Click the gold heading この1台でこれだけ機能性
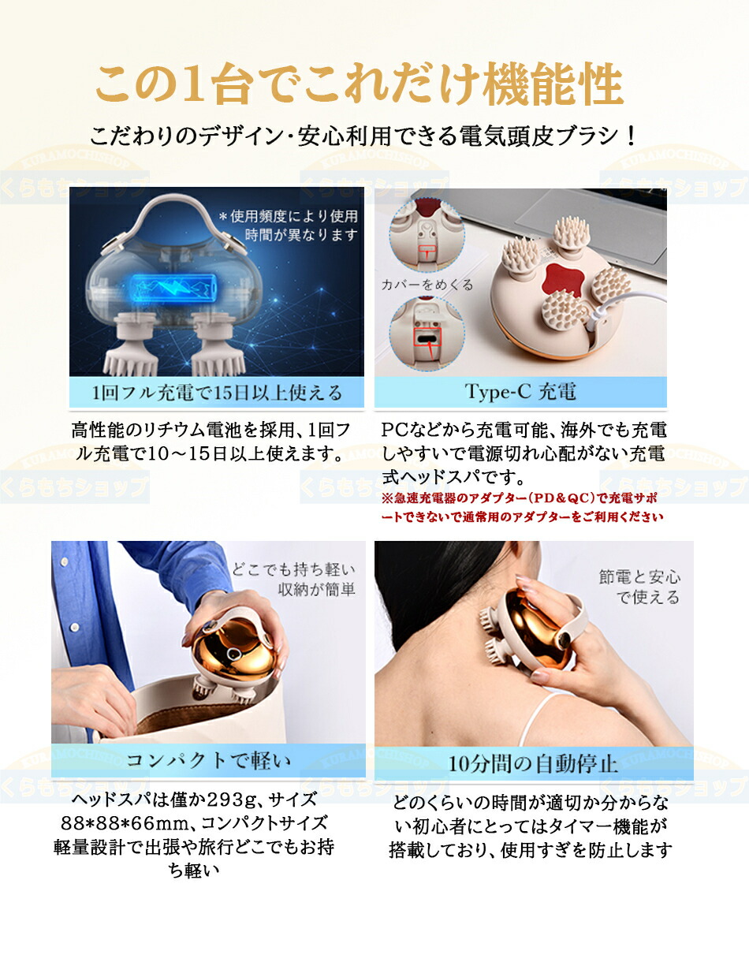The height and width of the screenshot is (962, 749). pyautogui.click(x=359, y=86)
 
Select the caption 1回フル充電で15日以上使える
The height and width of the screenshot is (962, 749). pyautogui.click(x=217, y=393)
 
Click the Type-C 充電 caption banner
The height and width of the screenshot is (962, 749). pyautogui.click(x=520, y=392)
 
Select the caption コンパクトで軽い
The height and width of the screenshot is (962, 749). pyautogui.click(x=209, y=760)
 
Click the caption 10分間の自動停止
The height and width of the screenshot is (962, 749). pyautogui.click(x=534, y=763)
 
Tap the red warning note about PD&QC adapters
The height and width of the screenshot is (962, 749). pyautogui.click(x=522, y=508)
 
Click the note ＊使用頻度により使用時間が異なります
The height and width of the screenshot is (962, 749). pyautogui.click(x=288, y=225)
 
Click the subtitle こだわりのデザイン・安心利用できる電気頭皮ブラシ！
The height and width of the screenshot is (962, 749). pyautogui.click(x=363, y=136)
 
